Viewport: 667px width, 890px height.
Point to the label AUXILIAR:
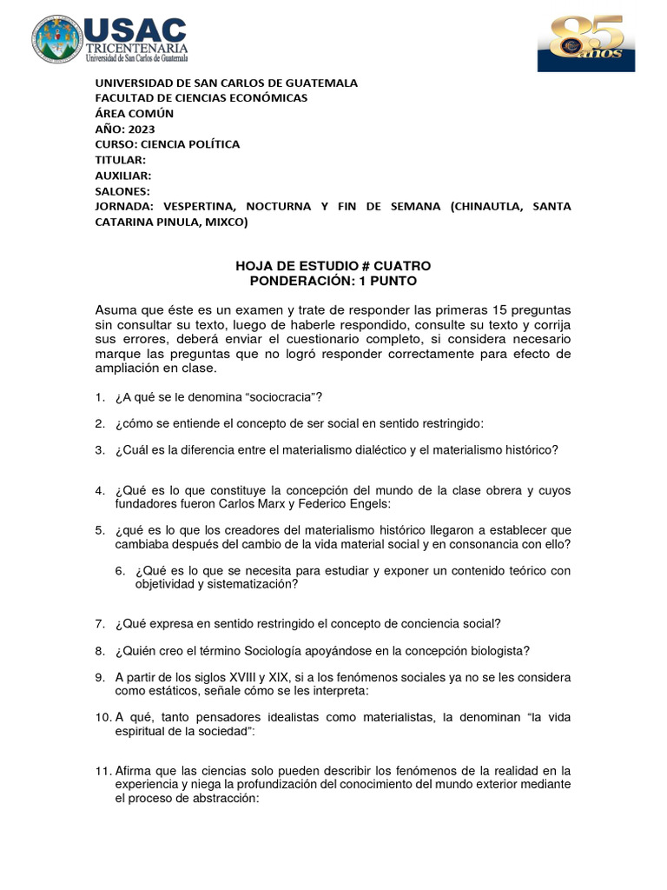[x=122, y=176]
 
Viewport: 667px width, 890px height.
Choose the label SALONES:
[x=122, y=191]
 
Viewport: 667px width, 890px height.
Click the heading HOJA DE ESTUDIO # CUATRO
[x=333, y=265]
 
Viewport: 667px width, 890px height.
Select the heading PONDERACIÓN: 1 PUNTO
[x=333, y=281]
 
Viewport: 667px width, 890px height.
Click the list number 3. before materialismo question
[x=100, y=449]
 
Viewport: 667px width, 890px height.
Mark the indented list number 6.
[x=122, y=571]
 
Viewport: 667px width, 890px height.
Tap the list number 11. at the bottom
[x=102, y=771]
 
